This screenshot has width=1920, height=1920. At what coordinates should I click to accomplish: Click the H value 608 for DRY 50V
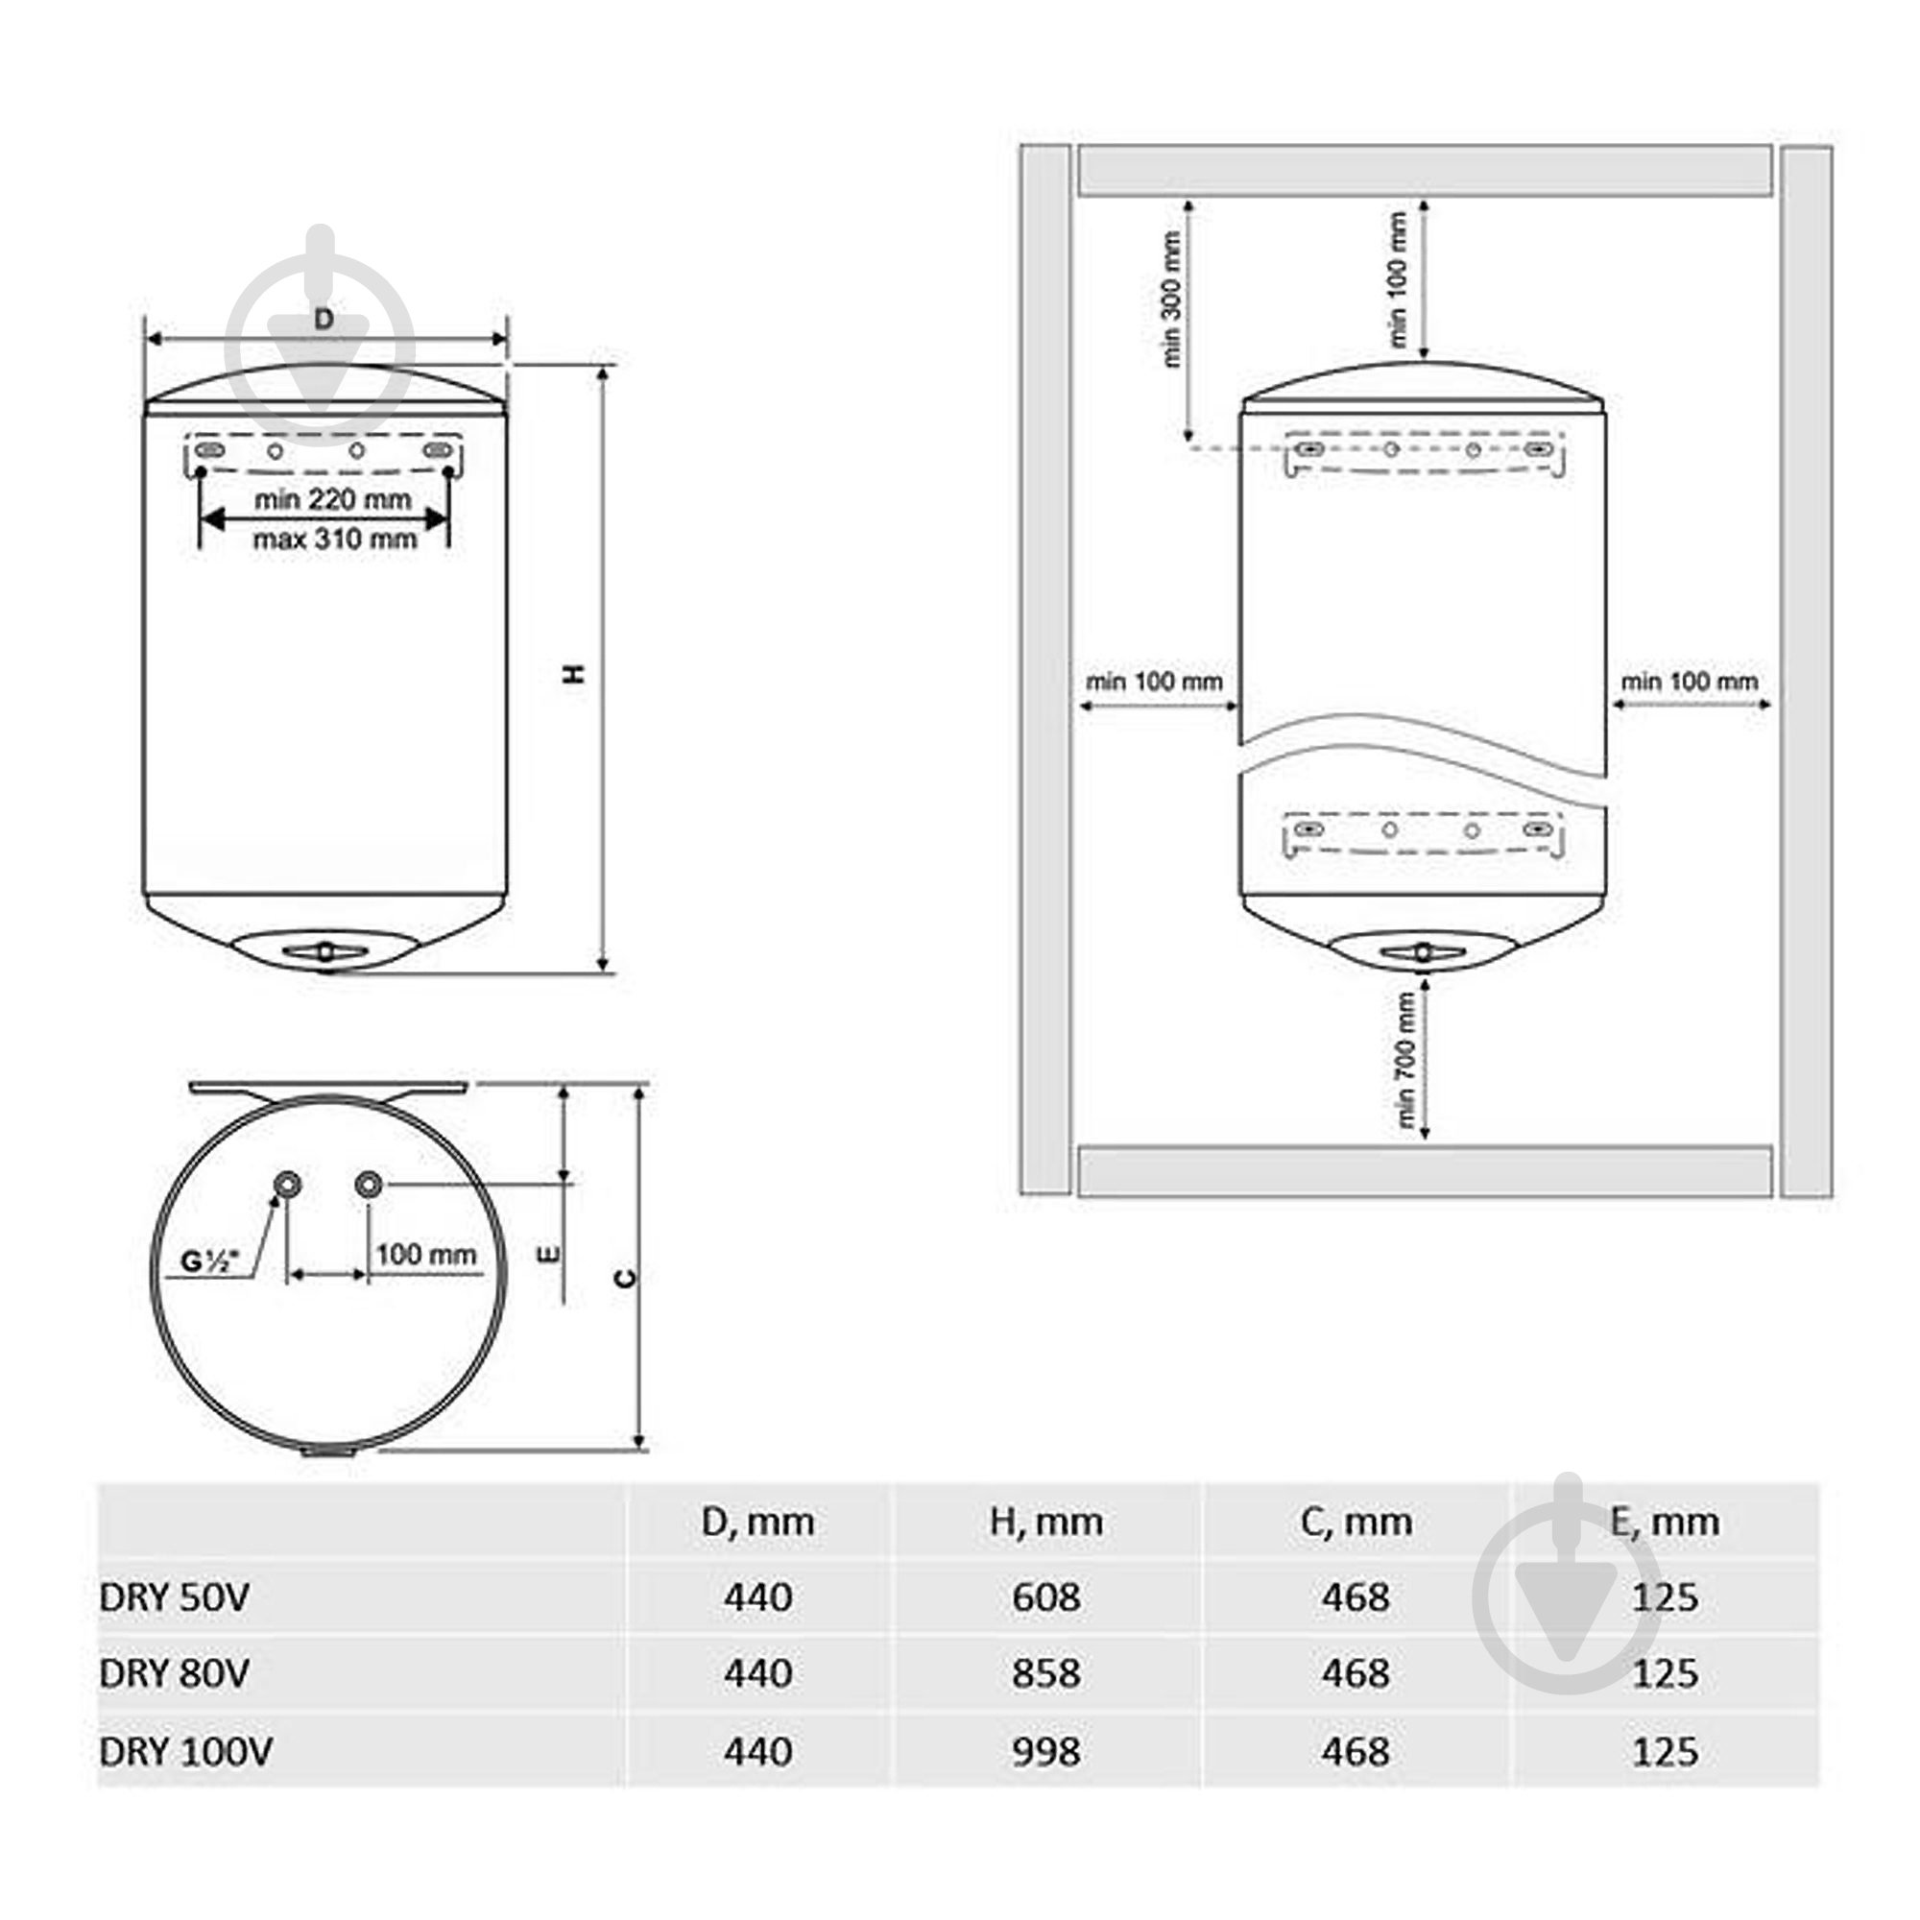(1046, 1597)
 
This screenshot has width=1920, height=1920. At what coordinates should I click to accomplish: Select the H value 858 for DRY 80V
(1046, 1673)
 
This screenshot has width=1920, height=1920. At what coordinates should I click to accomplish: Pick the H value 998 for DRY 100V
(1046, 1751)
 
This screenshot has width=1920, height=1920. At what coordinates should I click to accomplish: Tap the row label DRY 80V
(174, 1673)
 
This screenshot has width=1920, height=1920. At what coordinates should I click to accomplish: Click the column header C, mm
(1356, 1522)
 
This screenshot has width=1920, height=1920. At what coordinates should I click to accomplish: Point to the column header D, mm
(757, 1522)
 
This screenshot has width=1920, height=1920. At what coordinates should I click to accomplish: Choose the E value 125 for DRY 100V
(1665, 1751)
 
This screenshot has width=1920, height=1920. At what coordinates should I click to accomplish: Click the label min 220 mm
(332, 499)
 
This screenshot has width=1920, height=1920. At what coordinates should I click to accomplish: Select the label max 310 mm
(334, 540)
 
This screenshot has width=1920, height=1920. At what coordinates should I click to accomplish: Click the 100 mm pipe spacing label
(426, 1254)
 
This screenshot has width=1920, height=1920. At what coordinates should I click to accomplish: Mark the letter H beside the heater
(574, 673)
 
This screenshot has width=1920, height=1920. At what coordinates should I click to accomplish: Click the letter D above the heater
(323, 319)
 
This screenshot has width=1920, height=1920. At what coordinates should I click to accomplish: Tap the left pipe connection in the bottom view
(288, 1184)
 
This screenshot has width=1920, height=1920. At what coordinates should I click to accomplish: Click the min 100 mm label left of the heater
(1154, 682)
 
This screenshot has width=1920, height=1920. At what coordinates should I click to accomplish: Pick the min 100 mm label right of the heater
(1689, 682)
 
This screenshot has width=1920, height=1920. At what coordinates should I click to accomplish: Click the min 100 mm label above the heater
(1396, 279)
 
